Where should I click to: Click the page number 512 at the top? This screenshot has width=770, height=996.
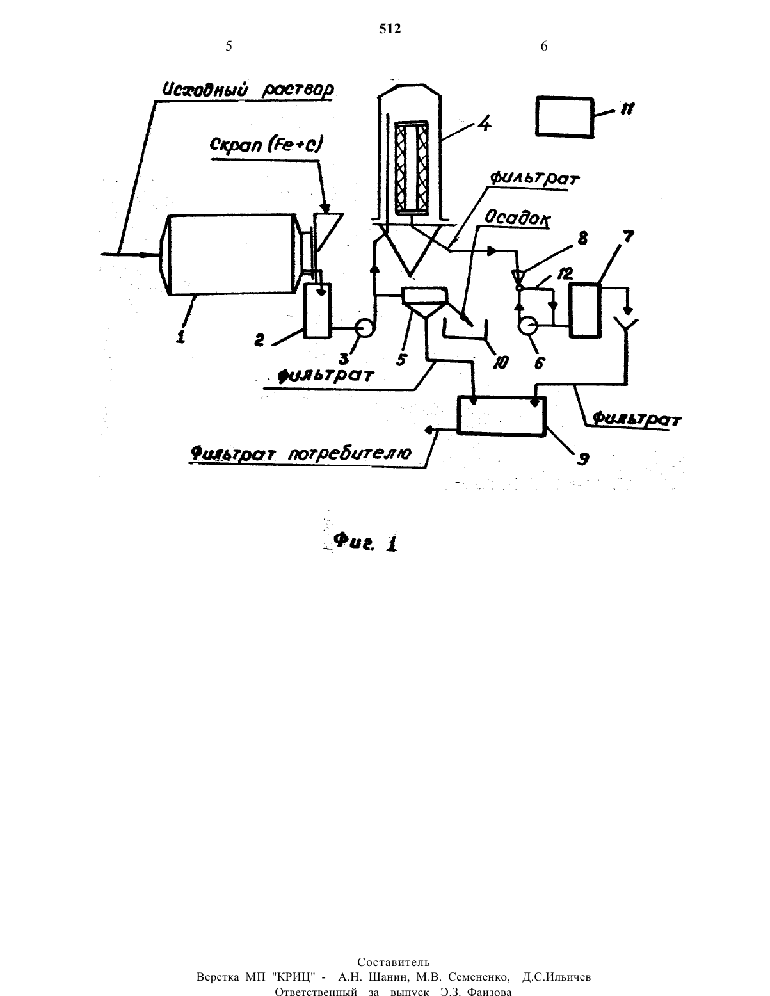390,29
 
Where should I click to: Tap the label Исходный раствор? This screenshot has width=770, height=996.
248,90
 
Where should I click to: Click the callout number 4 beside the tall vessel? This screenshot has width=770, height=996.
483,124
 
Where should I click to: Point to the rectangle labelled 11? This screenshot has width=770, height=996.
565,117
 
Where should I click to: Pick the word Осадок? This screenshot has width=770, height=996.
517,219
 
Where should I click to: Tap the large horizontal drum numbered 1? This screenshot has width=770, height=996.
229,254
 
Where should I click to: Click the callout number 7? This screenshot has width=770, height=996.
627,237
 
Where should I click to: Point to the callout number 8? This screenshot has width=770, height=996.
582,238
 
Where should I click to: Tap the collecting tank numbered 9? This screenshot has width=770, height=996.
502,415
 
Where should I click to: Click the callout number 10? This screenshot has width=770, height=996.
501,363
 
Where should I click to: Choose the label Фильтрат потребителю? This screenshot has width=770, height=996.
301,454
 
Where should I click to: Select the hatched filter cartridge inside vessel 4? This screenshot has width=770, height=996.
411,168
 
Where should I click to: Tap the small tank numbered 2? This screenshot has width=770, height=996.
317,310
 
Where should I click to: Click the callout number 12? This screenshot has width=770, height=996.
565,274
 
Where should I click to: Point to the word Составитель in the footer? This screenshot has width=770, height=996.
394,961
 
